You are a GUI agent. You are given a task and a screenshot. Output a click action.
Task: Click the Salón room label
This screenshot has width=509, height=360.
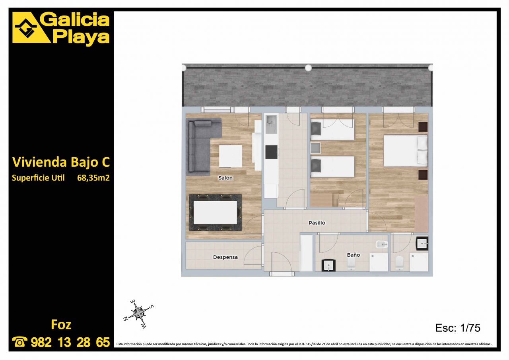pos(225,178)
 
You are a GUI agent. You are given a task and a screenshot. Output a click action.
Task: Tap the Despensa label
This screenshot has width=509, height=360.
pos(225,257)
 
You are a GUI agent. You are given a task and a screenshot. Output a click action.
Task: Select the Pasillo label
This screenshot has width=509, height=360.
pos(317,223)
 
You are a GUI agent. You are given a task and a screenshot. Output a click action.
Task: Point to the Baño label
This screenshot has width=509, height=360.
pos(354,255)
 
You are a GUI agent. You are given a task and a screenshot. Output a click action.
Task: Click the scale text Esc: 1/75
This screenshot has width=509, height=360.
pos(458,328)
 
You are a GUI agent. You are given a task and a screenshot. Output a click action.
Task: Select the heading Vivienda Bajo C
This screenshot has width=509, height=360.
pos(61,162)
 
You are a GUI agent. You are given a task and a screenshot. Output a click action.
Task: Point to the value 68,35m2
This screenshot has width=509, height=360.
pos(93,178)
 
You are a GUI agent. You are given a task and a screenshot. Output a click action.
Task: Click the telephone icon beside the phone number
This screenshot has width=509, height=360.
pos(19,342)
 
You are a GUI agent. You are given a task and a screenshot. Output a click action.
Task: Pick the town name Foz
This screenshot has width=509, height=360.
pos(61,324)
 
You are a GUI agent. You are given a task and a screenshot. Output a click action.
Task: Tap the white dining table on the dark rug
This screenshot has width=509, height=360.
pos(215,212)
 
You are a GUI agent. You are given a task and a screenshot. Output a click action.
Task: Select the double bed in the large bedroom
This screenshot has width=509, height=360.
pos(406,150)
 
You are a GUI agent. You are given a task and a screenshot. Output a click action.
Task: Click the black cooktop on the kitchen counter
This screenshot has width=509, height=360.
pos(271,152)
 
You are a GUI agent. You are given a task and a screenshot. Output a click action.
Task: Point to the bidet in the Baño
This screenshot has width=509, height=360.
pos(381,245)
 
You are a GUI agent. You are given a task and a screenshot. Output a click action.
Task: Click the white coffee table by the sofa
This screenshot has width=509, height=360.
pos(230,156)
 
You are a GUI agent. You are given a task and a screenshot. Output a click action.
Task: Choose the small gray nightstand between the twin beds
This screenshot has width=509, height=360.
pos(315,148)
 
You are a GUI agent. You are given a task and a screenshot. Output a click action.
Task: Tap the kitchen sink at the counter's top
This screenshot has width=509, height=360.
pos(271,125)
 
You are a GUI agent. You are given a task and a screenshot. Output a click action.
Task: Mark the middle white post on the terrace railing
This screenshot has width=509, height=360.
pos(308,68)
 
